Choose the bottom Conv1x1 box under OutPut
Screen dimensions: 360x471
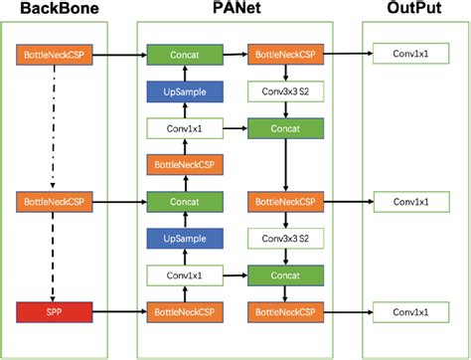408,314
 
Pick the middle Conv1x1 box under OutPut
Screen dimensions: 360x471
408,202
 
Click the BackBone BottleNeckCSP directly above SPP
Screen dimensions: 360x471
53,202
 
